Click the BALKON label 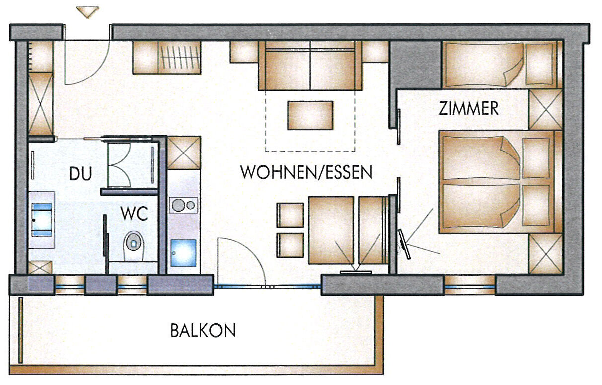203,330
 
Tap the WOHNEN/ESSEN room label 306,172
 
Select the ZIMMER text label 468,108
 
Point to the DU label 80,173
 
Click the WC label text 134,214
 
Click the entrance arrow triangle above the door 87,12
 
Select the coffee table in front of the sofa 310,115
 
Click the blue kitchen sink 183,253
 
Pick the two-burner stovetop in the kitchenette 184,205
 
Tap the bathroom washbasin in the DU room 42,220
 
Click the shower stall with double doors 130,165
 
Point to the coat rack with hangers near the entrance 180,57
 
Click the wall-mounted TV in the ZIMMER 404,244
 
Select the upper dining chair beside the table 290,215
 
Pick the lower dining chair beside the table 290,245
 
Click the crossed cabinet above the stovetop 184,153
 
